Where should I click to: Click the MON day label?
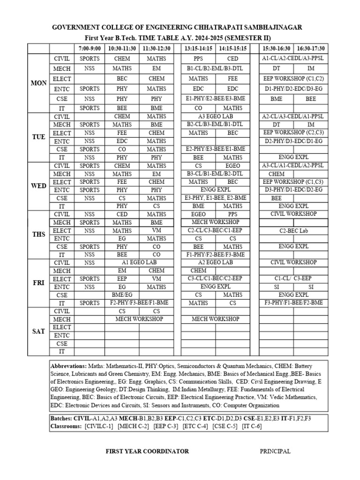38,83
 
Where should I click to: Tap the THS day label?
38,235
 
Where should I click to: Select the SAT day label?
38,331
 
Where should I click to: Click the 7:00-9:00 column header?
90,49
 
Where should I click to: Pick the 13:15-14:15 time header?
198,49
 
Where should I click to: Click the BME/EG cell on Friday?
122,295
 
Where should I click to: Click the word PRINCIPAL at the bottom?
275,451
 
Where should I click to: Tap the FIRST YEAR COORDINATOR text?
148,451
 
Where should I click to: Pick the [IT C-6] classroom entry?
251,426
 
